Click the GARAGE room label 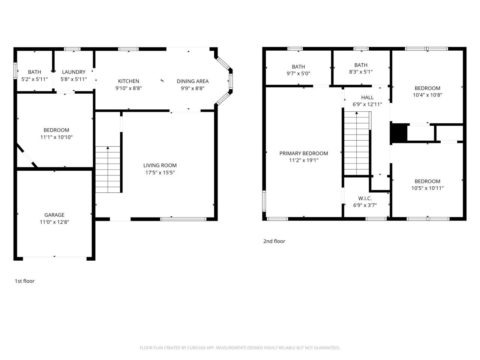pyautogui.click(x=54, y=215)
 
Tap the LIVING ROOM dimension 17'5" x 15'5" pyautogui.click(x=160, y=172)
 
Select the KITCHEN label pyautogui.click(x=129, y=81)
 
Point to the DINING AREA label pyautogui.click(x=192, y=81)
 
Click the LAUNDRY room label pyautogui.click(x=73, y=72)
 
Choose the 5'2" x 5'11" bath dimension pyautogui.click(x=34, y=79)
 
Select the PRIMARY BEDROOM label pyautogui.click(x=303, y=153)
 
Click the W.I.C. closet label pyautogui.click(x=365, y=198)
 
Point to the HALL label pyautogui.click(x=367, y=97)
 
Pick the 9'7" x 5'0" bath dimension pyautogui.click(x=298, y=74)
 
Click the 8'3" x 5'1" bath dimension pyautogui.click(x=361, y=72)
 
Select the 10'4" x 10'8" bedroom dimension pyautogui.click(x=427, y=95)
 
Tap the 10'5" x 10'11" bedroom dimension pyautogui.click(x=427, y=188)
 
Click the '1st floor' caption pyautogui.click(x=24, y=281)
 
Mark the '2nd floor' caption pyautogui.click(x=274, y=241)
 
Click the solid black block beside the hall pyautogui.click(x=399, y=133)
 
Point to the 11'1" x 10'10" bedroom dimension pyautogui.click(x=56, y=137)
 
